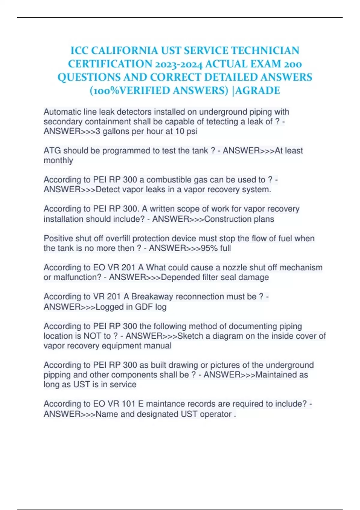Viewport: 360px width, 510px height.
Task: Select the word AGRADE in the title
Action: pyautogui.click(x=258, y=90)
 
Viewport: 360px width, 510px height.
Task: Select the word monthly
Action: pyautogui.click(x=58, y=160)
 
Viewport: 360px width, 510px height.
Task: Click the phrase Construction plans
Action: pyautogui.click(x=239, y=219)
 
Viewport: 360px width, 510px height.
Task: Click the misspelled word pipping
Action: pyautogui.click(x=57, y=375)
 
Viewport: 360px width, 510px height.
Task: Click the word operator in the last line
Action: pyautogui.click(x=215, y=414)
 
